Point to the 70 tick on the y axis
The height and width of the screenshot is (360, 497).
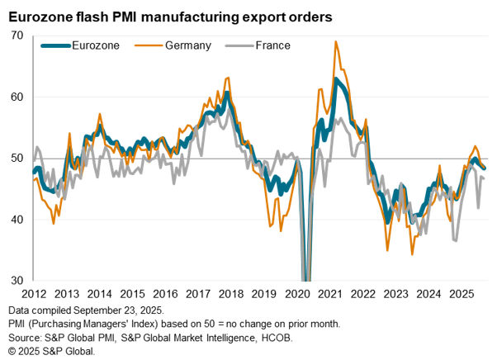click(x=17, y=36)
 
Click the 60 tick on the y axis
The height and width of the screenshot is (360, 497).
click(x=17, y=97)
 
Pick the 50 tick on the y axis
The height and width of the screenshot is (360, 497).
click(x=17, y=159)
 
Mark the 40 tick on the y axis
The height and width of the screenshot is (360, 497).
click(x=17, y=220)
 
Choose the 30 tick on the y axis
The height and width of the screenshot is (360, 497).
click(x=17, y=281)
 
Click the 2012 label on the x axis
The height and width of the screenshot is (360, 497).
click(x=34, y=293)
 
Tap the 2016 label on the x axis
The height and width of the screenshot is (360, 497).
click(x=166, y=293)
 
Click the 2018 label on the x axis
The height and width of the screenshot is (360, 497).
click(x=232, y=293)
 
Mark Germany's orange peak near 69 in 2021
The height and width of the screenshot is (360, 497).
click(x=336, y=41)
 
